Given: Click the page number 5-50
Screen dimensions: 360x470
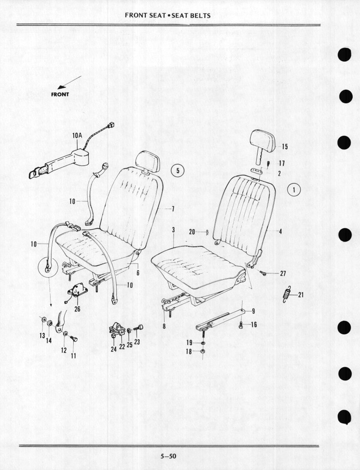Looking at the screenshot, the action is point(168,456).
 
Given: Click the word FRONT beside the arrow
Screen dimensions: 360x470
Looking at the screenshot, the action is point(60,94).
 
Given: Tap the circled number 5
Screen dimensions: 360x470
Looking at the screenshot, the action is point(178,171).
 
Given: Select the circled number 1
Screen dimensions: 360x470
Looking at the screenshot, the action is point(294,189).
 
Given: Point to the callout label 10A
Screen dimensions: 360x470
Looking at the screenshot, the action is point(77,135).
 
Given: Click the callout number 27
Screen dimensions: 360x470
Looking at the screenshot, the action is point(283,273).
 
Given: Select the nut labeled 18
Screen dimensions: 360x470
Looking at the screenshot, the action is point(202,351).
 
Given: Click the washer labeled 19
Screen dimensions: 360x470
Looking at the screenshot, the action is point(203,343).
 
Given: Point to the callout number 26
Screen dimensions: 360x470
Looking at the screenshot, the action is point(77,309).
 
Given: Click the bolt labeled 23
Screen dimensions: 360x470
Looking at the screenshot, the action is point(139,327).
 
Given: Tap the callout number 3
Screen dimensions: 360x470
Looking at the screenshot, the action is point(174,230).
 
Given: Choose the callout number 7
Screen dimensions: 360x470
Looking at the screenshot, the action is point(173,209).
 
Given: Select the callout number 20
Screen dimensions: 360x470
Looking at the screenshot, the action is point(192,232).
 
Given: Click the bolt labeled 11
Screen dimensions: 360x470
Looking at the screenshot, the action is point(74,338).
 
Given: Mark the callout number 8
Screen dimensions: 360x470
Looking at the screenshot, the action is point(164,326).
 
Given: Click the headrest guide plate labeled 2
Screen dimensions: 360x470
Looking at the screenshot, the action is point(257,171).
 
